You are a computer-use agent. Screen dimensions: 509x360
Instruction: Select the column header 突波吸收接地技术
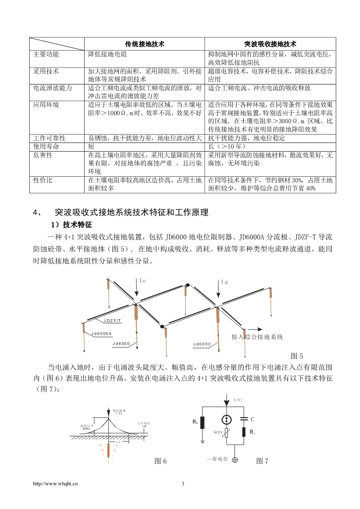(x=270, y=44)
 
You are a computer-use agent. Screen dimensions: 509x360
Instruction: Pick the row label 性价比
(x=43, y=180)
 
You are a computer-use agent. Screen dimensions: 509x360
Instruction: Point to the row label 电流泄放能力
(x=53, y=88)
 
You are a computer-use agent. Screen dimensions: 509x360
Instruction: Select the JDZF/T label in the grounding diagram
(x=112, y=320)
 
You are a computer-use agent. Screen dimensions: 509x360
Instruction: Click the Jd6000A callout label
(x=102, y=334)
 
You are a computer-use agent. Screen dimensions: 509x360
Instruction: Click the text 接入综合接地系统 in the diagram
(x=257, y=337)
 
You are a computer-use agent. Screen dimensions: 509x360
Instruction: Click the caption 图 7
(x=262, y=461)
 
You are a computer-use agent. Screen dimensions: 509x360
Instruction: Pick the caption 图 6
(x=161, y=461)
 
